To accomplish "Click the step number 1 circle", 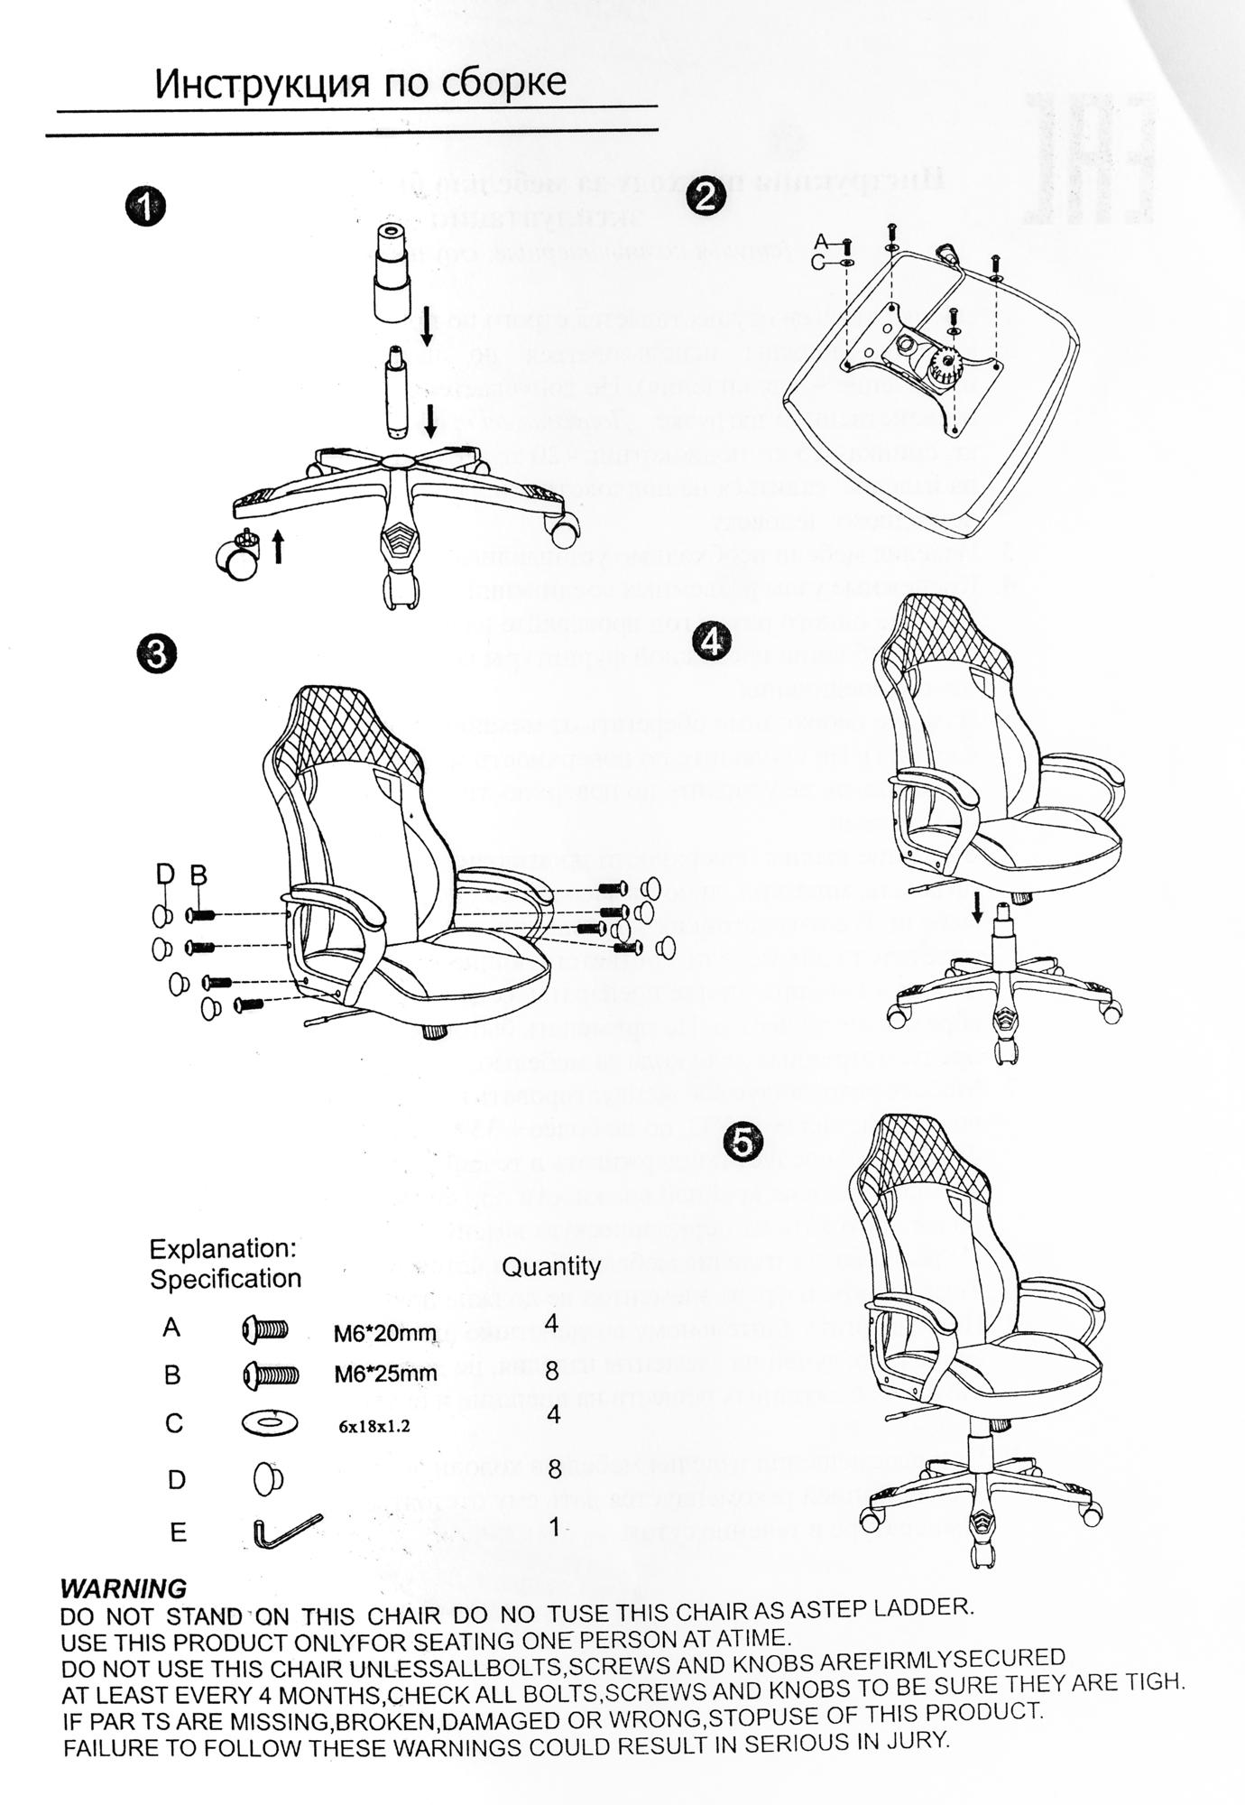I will click(x=145, y=207).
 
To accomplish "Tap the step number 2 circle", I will click(x=705, y=197).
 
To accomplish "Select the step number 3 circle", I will click(x=157, y=654).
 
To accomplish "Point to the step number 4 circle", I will click(x=711, y=641).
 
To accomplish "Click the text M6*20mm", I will click(x=385, y=1333).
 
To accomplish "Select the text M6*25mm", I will click(x=385, y=1375).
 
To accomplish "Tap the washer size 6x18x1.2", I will click(x=373, y=1427).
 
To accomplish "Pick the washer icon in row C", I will click(x=270, y=1423).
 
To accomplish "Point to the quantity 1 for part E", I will click(x=554, y=1527).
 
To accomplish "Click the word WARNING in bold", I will click(x=123, y=1587).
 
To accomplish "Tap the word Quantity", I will click(x=550, y=1266).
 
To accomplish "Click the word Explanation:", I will click(x=223, y=1249).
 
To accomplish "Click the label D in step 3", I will click(x=164, y=874).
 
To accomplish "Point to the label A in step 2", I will click(x=820, y=241).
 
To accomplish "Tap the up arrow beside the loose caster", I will click(x=278, y=546).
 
